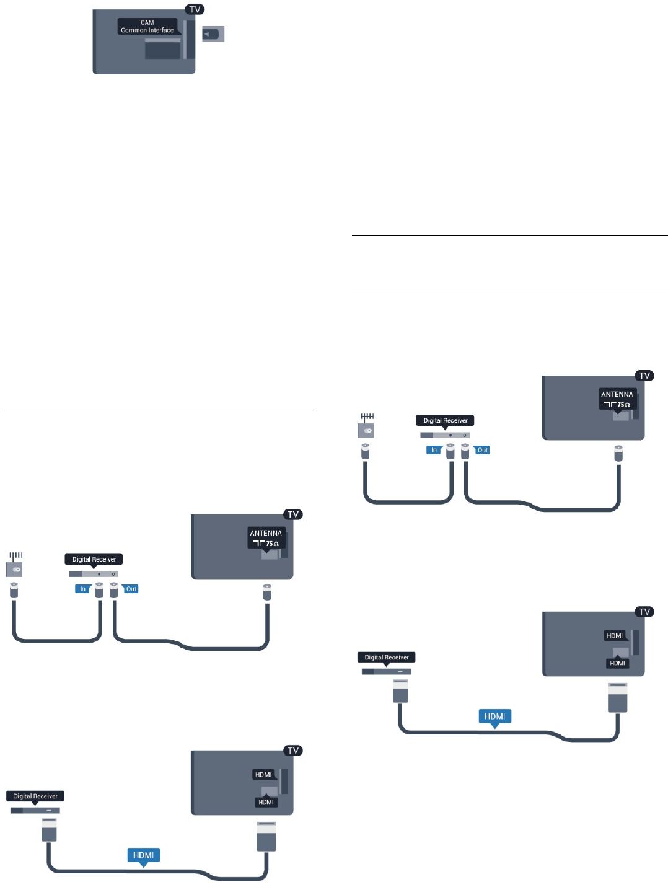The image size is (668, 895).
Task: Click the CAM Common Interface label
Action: [x=147, y=26]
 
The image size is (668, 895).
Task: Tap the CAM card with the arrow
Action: [x=213, y=34]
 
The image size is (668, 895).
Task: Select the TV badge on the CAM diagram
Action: [x=195, y=9]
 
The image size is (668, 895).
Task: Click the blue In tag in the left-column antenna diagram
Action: [x=82, y=589]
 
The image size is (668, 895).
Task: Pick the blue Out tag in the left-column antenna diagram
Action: [x=131, y=589]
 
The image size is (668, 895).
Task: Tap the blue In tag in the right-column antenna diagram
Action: [x=434, y=450]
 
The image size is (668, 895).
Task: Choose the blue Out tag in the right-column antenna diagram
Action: [x=482, y=450]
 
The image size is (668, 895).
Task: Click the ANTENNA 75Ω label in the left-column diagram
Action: [x=266, y=537]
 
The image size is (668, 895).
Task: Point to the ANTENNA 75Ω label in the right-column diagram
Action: [x=617, y=399]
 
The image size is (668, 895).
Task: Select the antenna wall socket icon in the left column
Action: [x=15, y=565]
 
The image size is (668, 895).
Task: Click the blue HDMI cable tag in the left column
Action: [x=143, y=855]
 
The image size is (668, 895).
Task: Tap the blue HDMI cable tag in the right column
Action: [x=494, y=716]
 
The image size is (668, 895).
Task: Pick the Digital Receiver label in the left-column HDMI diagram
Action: [x=35, y=796]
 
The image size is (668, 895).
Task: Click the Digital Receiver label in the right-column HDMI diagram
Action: [x=387, y=658]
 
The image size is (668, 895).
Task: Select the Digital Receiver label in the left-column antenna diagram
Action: [x=94, y=559]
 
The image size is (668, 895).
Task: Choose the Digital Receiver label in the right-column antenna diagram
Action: [x=446, y=420]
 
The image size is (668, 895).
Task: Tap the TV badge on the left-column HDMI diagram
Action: [x=292, y=751]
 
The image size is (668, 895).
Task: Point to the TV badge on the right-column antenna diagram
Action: [x=644, y=376]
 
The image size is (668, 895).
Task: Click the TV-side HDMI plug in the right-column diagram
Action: [x=618, y=697]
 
